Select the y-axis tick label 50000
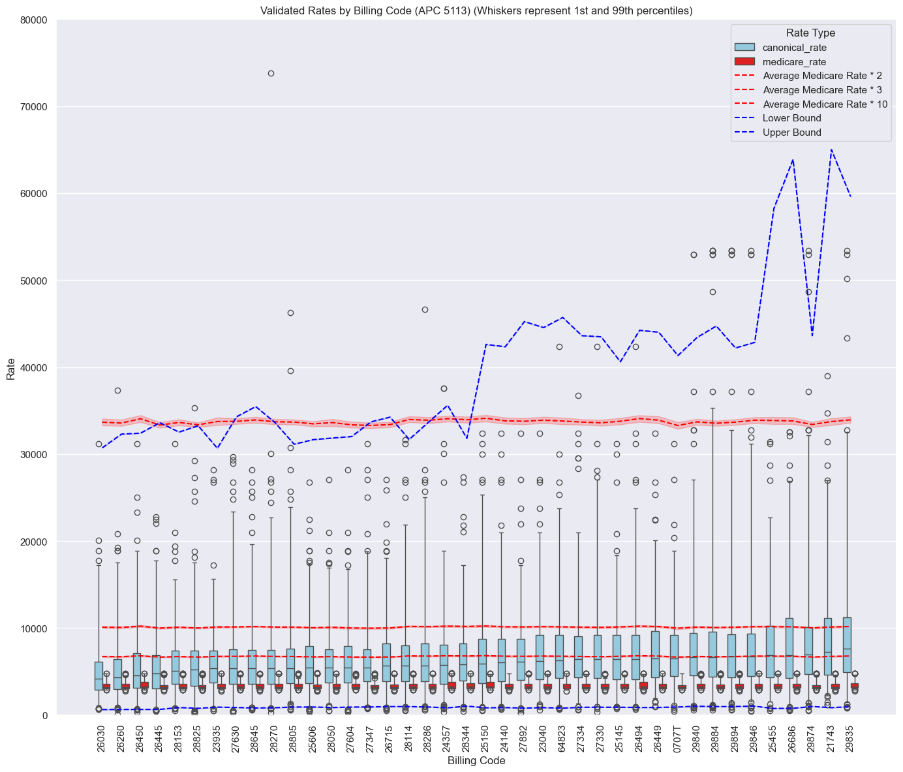click(34, 281)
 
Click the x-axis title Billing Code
click(476, 761)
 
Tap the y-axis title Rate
click(11, 367)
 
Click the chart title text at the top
click(476, 10)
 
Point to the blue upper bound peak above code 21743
click(831, 149)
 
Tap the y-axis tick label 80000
click(34, 20)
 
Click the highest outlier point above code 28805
click(290, 313)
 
